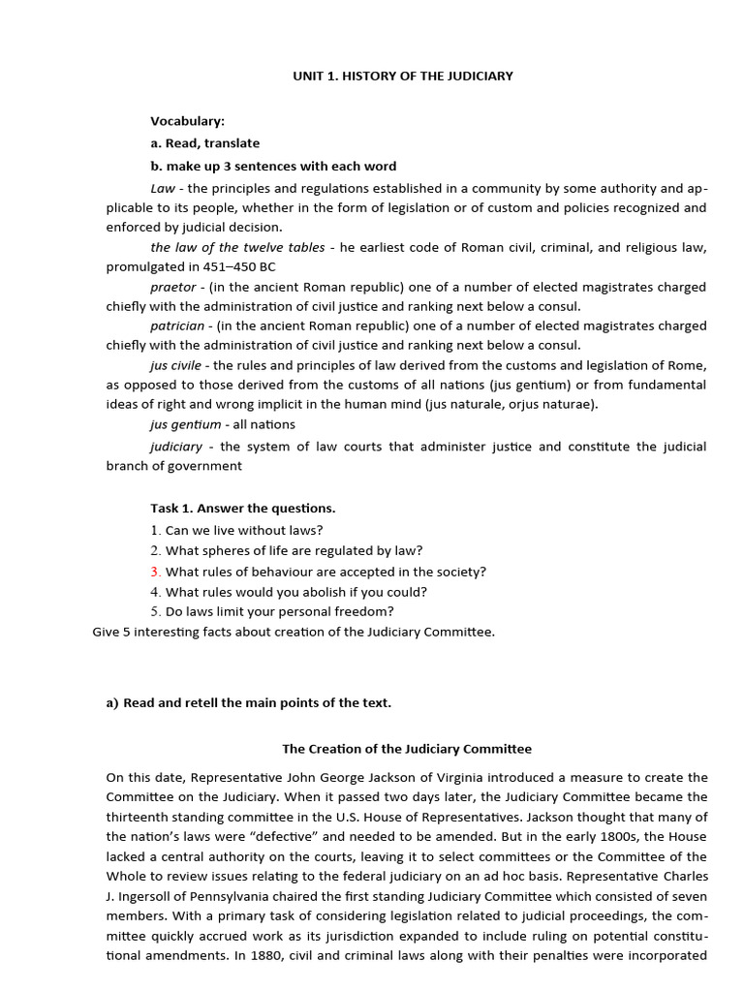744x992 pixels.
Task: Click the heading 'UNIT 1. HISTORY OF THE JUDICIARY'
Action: (x=403, y=76)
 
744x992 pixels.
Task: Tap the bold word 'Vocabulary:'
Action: (x=187, y=121)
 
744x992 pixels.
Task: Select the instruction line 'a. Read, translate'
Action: (x=204, y=143)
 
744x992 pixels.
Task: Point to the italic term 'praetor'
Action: (x=172, y=287)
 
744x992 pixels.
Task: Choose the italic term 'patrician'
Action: (x=177, y=325)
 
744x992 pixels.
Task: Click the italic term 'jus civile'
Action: (x=175, y=365)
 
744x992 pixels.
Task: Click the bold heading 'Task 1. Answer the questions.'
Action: (x=242, y=508)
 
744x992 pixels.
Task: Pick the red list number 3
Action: (x=154, y=572)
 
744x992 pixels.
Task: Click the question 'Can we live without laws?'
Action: (x=244, y=530)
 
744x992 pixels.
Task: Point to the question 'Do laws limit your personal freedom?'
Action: (x=280, y=611)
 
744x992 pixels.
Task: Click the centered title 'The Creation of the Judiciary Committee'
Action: (x=406, y=749)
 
